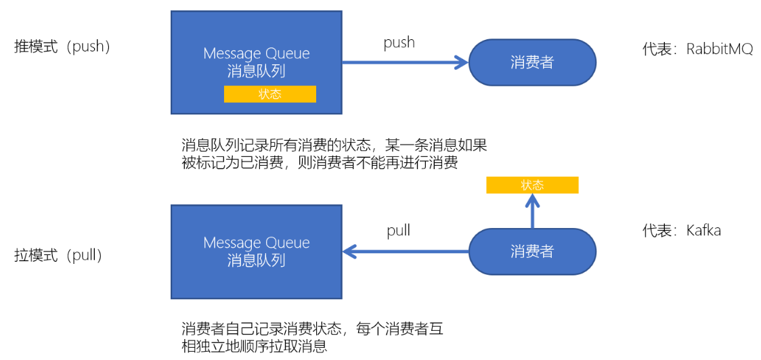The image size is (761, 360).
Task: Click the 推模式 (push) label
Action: pyautogui.click(x=62, y=47)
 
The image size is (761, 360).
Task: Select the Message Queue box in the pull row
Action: pyautogui.click(x=256, y=252)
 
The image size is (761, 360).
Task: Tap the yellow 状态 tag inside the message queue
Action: pyautogui.click(x=269, y=94)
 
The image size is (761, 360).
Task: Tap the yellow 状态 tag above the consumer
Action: pyautogui.click(x=532, y=185)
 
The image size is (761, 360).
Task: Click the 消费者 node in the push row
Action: pyautogui.click(x=532, y=63)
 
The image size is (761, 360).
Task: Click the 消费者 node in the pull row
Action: pyautogui.click(x=532, y=252)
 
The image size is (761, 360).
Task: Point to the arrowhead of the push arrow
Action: pyautogui.click(x=462, y=63)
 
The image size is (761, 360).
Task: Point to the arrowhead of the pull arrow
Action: pyautogui.click(x=349, y=252)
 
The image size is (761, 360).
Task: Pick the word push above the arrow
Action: pyautogui.click(x=399, y=43)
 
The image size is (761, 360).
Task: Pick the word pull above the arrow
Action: pyautogui.click(x=398, y=231)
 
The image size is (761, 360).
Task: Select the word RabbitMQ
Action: pyautogui.click(x=719, y=49)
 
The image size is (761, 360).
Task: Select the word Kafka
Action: pyautogui.click(x=703, y=231)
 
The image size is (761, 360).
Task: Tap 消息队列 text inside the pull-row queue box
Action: pyautogui.click(x=256, y=261)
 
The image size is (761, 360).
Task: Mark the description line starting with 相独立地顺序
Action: pyautogui.click(x=255, y=347)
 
